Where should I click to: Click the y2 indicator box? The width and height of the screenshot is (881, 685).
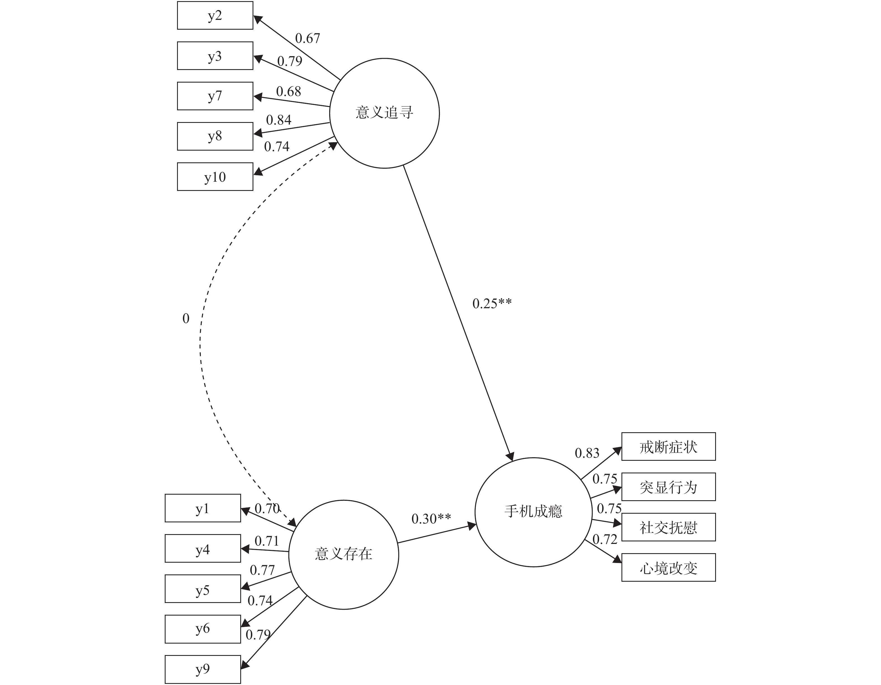pyautogui.click(x=215, y=16)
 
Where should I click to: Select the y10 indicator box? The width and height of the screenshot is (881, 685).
pyautogui.click(x=215, y=177)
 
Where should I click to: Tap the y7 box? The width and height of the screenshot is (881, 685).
pyautogui.click(x=215, y=96)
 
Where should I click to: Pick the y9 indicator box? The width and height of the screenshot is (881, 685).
pyautogui.click(x=202, y=669)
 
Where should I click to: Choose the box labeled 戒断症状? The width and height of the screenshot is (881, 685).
pyautogui.click(x=668, y=447)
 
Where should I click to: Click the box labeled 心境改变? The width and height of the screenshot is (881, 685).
pyautogui.click(x=668, y=567)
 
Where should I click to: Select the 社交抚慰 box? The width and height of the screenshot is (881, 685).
pyautogui.click(x=668, y=527)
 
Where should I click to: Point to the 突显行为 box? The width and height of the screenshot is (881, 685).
pyautogui.click(x=668, y=487)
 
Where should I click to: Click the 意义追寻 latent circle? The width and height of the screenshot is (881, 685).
pyautogui.click(x=385, y=113)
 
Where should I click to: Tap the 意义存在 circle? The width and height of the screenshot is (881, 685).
pyautogui.click(x=344, y=555)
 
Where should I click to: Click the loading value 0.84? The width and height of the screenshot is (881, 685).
pyautogui.click(x=278, y=120)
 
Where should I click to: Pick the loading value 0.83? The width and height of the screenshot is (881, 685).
pyautogui.click(x=587, y=453)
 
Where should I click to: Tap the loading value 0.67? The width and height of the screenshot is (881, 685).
pyautogui.click(x=307, y=38)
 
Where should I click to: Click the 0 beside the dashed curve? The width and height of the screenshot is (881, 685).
pyautogui.click(x=185, y=319)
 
